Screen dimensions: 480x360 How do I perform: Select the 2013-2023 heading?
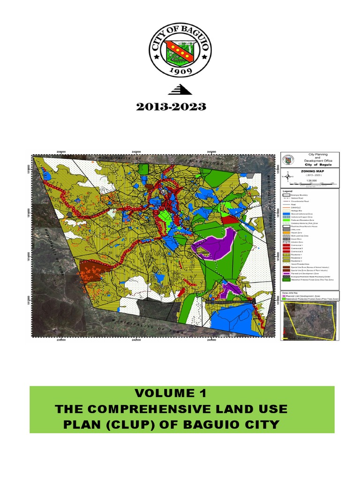(171, 107)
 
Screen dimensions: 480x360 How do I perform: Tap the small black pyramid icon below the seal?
(180, 90)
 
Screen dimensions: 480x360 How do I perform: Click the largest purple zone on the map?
(216, 244)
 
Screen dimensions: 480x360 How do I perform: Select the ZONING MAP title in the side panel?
(307, 172)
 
